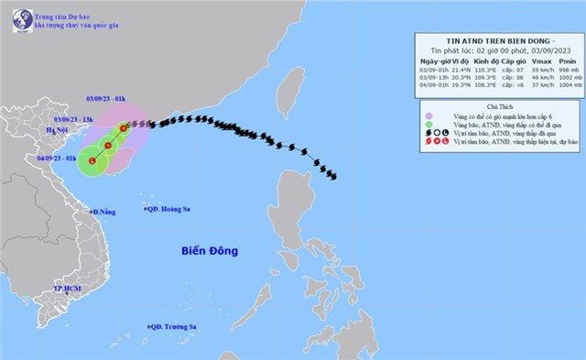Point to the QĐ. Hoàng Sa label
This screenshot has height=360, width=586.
[173, 210]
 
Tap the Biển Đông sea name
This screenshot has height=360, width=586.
[210, 250]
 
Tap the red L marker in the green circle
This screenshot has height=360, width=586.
[92, 161]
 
